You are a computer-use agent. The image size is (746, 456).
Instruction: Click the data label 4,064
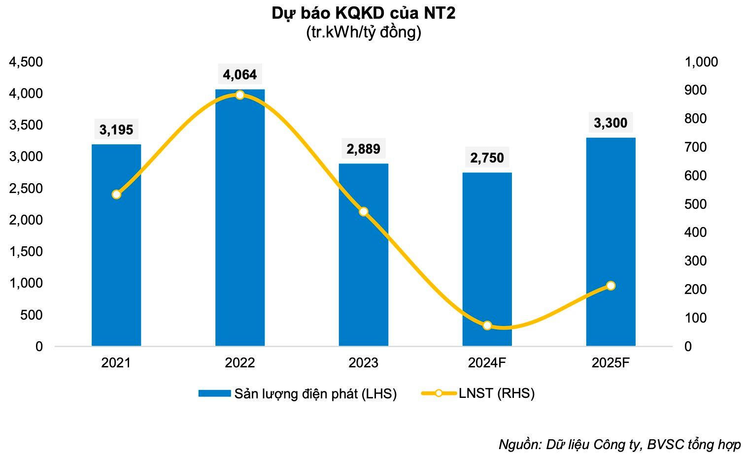coord(240,75)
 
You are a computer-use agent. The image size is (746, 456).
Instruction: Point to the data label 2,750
coord(487,158)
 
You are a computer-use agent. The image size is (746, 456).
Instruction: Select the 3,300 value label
coord(610,123)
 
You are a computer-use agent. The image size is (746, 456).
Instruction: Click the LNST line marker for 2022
coord(240,95)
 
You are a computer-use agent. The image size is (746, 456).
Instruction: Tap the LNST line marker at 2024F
coord(487,326)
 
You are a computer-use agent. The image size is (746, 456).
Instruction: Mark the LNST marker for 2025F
coord(611,286)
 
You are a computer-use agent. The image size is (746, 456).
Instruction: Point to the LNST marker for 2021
coord(116,195)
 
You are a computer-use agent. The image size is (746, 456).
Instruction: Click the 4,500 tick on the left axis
coord(26,62)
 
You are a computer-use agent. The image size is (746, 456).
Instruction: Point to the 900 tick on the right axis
coord(695,91)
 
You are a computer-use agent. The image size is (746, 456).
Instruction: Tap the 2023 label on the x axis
coord(364,363)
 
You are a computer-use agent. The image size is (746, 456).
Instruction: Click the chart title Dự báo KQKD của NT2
coord(364,14)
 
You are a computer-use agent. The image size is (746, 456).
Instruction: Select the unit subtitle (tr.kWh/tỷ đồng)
coord(364,33)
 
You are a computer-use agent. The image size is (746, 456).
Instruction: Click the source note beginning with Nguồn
coord(619,444)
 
